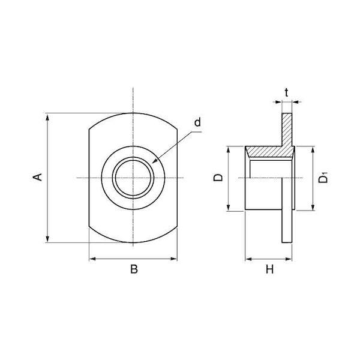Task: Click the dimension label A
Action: click(x=37, y=177)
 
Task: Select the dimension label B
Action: click(x=134, y=269)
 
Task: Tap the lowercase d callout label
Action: click(x=197, y=122)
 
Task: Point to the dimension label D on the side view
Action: click(x=218, y=178)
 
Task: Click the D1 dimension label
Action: click(x=323, y=178)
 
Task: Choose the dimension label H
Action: click(x=270, y=269)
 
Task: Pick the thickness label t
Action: click(x=286, y=92)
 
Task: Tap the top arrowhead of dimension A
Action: click(x=47, y=116)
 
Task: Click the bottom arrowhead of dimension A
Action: click(x=47, y=239)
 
